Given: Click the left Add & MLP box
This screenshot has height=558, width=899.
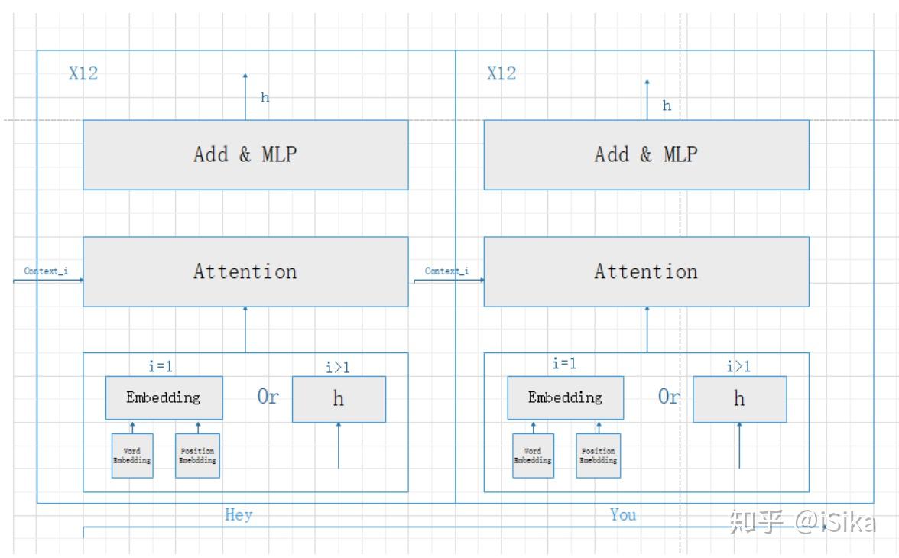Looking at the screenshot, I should coord(245,154).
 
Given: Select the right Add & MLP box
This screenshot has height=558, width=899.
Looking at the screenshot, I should coord(646,154).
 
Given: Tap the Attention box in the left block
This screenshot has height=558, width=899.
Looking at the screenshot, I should coord(245,271).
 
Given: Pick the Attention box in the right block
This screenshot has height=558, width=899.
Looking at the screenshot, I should coord(646,271).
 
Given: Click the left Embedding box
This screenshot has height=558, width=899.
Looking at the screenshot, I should coord(164,397).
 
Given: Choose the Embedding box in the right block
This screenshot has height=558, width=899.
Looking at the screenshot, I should coord(565,397).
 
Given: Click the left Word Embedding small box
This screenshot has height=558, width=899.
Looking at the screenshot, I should coord(132,456).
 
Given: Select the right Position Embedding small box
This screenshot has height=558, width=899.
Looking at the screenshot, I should coord(598,456).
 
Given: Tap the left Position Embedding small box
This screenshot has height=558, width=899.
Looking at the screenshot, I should coord(197,456).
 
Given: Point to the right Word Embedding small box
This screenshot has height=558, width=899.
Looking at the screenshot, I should coord(533,456).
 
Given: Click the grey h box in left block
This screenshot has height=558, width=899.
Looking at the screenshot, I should coord(339,399).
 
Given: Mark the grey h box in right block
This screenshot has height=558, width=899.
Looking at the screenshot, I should coord(739,399).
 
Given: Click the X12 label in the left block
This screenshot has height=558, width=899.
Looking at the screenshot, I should coord(83,73).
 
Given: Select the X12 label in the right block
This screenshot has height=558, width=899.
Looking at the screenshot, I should coord(501,73).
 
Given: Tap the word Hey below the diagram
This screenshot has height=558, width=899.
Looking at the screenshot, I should coord(239,515).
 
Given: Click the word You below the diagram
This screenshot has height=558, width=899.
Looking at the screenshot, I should coord(623,515).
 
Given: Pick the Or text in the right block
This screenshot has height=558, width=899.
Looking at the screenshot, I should coord(669,397).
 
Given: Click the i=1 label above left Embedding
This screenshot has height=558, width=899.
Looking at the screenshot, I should coord(161,366).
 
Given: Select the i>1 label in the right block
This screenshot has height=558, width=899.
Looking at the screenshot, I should coord(738,367).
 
